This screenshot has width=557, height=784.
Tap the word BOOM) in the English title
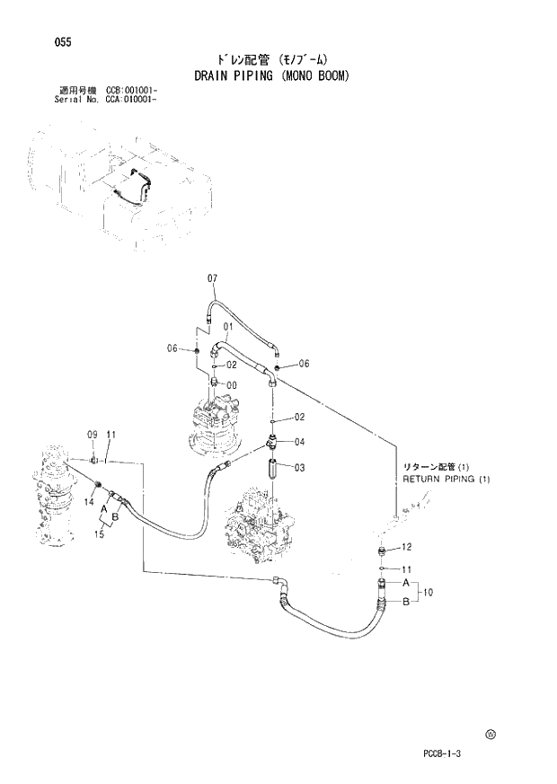[x=327, y=75]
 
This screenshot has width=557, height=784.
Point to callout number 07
[x=213, y=278]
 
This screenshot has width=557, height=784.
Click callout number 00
[x=232, y=384]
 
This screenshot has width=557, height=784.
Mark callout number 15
[x=100, y=534]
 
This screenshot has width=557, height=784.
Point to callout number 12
[x=406, y=547]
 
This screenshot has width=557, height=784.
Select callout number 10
[x=429, y=592]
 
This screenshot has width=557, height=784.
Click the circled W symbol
[x=491, y=734]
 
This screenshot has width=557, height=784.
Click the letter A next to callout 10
[x=405, y=582]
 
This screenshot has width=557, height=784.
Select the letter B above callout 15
[x=115, y=515]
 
